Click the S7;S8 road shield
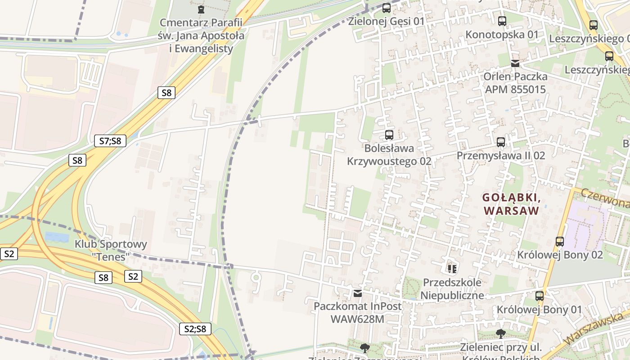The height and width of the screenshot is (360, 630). [x=110, y=141]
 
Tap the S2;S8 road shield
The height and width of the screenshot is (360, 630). [x=195, y=329]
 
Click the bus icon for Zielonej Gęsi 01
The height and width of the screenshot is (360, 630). [x=387, y=8]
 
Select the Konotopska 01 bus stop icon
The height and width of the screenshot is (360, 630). [x=502, y=21]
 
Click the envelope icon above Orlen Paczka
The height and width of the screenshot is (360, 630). [x=515, y=63]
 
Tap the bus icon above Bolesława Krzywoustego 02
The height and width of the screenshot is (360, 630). [x=389, y=135]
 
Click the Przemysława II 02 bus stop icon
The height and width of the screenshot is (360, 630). [x=501, y=142]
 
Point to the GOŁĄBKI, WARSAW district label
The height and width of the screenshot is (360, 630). [x=511, y=204]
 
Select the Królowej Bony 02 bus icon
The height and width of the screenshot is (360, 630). [x=560, y=242]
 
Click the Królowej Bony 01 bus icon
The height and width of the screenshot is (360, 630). [x=540, y=296]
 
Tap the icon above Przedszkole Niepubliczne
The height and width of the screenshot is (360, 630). [x=452, y=269]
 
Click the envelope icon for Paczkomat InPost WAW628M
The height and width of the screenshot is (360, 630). [x=358, y=293]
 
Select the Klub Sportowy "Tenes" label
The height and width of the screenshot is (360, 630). [x=111, y=250]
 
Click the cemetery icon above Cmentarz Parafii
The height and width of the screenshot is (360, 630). [x=201, y=9]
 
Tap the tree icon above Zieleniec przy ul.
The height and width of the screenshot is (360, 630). [x=500, y=333]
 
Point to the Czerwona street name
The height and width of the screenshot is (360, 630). [x=605, y=198]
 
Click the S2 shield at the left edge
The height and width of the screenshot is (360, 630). [x=9, y=254]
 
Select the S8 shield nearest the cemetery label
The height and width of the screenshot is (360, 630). [x=166, y=93]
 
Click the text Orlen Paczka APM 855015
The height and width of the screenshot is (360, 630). [x=515, y=83]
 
